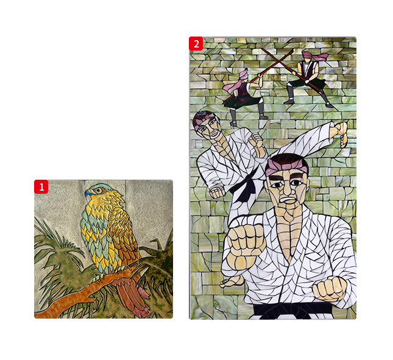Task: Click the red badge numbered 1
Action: coord(41,186)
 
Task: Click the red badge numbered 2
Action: coord(196,44)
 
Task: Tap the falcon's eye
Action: coord(98,191)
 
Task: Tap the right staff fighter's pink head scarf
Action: coord(314,57)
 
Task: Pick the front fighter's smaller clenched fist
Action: coord(330,288)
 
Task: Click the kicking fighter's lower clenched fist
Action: coord(217,192)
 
